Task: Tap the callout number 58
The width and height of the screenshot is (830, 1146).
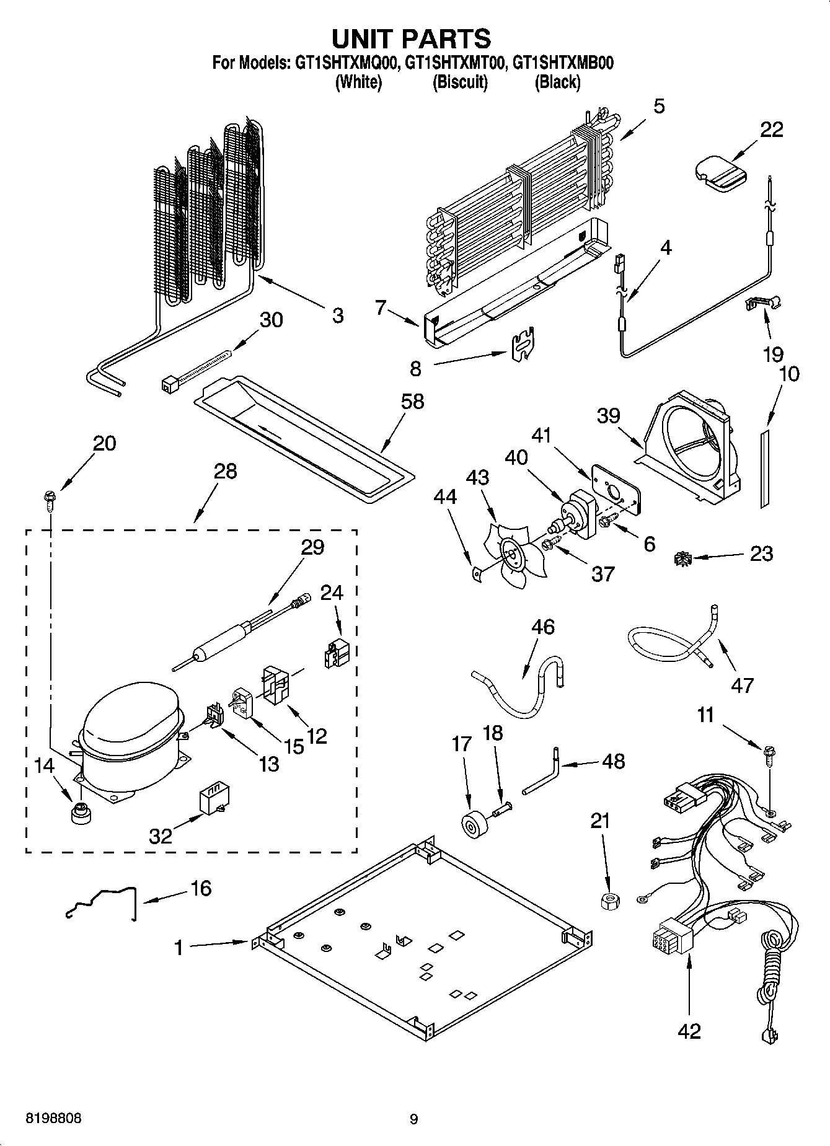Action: [412, 402]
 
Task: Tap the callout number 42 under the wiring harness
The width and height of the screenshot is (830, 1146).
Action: [689, 1030]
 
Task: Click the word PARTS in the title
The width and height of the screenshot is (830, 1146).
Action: [446, 38]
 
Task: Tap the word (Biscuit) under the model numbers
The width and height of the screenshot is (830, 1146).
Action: [460, 82]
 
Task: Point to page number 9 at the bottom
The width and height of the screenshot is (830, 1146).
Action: [414, 1119]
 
